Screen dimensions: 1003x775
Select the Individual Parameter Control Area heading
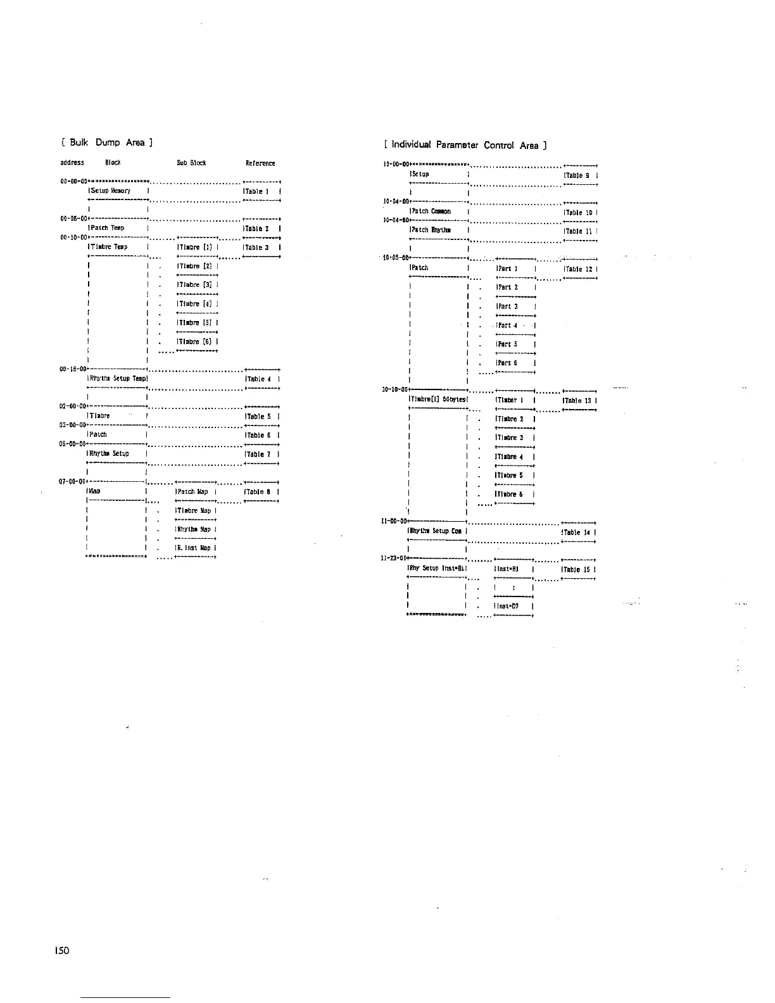pos(465,146)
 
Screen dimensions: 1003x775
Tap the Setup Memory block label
pos(110,191)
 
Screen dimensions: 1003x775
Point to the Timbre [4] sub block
pos(198,304)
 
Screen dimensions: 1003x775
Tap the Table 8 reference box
pos(260,491)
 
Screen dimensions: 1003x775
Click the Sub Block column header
pos(192,163)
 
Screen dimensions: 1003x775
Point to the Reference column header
pos(260,163)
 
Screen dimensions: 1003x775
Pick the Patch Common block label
pos(431,211)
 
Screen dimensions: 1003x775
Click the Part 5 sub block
pos(508,344)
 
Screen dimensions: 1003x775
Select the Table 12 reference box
pos(579,269)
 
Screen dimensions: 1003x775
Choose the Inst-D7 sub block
pos(508,607)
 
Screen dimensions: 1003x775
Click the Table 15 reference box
pos(579,570)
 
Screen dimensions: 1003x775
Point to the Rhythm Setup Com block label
pos(436,531)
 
